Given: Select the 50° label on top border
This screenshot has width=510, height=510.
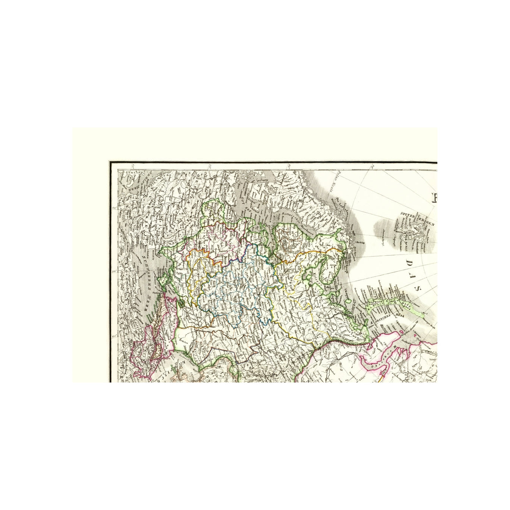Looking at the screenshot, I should click(x=209, y=166).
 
